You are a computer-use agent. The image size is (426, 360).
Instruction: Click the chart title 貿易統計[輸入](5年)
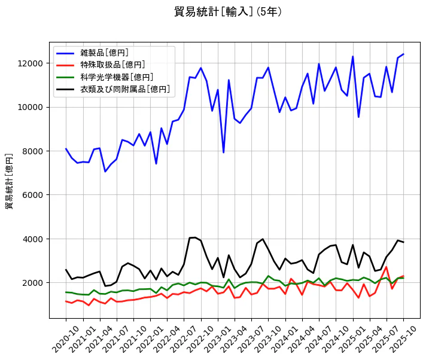[x=228, y=12]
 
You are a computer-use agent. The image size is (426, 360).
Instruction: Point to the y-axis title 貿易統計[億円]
[x=10, y=181]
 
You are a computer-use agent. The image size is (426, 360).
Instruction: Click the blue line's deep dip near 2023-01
[x=223, y=152]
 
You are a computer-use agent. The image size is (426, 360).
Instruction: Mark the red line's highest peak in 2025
[x=387, y=267]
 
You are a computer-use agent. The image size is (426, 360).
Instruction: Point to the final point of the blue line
[x=403, y=54]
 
